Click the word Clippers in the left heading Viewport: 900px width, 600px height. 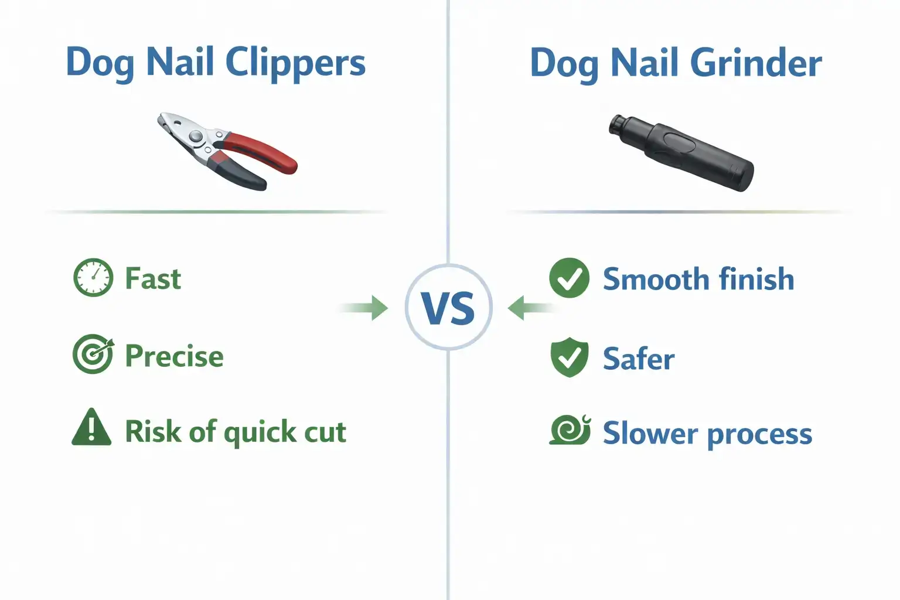[295, 63]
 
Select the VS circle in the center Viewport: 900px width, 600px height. [449, 308]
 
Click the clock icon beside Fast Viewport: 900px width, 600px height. [93, 278]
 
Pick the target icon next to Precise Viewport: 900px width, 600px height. [93, 354]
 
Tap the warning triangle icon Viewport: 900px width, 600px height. [91, 428]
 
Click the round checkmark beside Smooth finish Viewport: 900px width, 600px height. [569, 278]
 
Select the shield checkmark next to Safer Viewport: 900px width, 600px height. [569, 357]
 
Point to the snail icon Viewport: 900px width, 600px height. [570, 430]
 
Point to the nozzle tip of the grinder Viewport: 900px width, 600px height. [617, 124]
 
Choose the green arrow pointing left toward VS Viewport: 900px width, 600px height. [527, 308]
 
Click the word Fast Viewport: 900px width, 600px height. [153, 279]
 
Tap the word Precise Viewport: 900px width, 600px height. [175, 356]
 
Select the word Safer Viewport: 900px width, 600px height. [639, 359]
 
